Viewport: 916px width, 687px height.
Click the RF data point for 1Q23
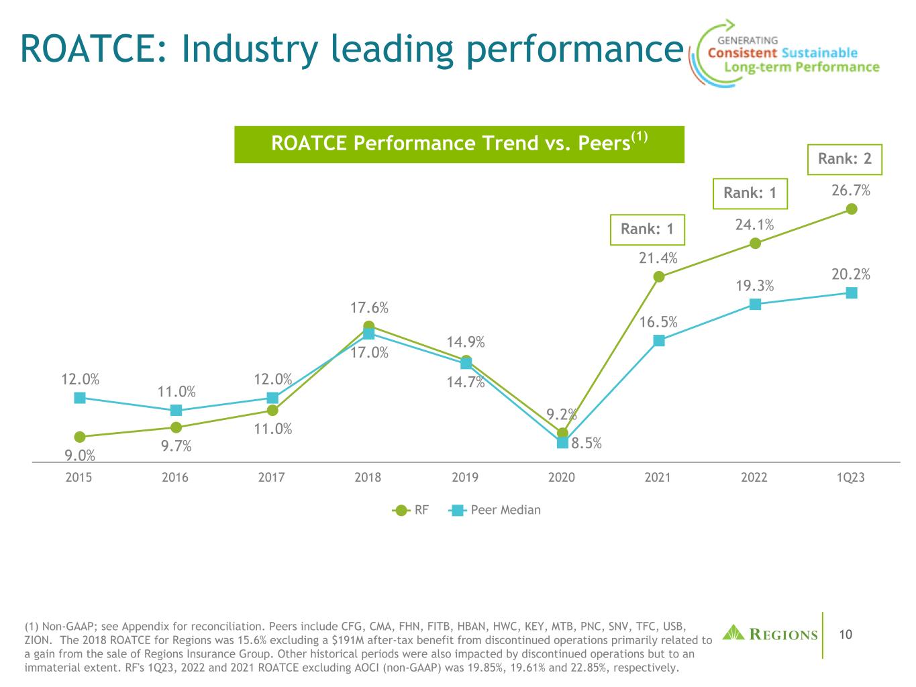pos(852,209)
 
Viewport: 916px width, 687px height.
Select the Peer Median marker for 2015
pos(80,397)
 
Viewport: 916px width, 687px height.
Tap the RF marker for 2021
pos(658,276)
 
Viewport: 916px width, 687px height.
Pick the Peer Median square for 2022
pos(755,304)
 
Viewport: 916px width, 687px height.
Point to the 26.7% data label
pos(851,191)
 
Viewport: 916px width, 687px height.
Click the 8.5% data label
pos(586,443)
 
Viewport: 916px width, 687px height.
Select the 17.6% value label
pos(369,308)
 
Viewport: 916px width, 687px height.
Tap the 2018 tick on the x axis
pos(368,477)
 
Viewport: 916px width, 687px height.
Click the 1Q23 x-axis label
pos(851,477)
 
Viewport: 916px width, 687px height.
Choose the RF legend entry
pos(411,510)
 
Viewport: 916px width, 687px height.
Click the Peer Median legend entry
pos(496,510)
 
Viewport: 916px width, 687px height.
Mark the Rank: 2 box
pos(844,159)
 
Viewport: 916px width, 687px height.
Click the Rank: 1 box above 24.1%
pos(750,193)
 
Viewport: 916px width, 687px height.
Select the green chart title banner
pos(459,144)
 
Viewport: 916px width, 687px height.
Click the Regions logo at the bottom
pos(770,633)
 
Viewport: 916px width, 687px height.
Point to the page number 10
pos(846,634)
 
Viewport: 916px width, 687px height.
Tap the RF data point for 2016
pos(176,427)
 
